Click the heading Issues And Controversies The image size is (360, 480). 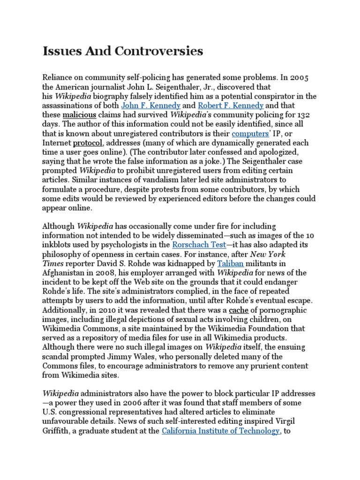[122, 51]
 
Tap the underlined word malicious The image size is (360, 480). [79, 115]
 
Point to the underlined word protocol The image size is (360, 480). [87, 142]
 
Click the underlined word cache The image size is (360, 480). [238, 310]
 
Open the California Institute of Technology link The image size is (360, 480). [220, 431]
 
